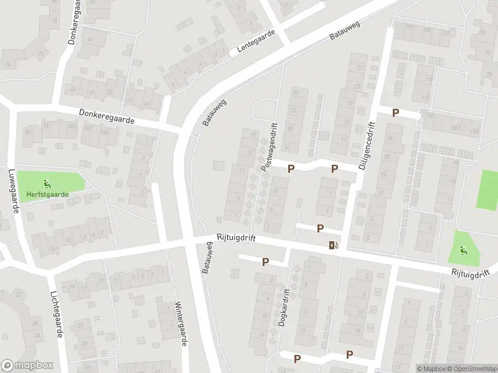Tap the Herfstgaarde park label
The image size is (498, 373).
tap(47, 194)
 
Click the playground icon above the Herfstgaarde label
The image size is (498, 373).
tap(47, 183)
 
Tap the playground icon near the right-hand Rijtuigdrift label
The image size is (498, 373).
tap(463, 251)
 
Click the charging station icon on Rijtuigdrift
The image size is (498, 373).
tap(334, 244)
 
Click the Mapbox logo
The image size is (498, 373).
tap(27, 366)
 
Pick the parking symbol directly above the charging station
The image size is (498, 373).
tap(320, 228)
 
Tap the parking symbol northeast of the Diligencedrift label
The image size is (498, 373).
tap(395, 113)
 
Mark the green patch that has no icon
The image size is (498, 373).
tap(487, 189)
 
